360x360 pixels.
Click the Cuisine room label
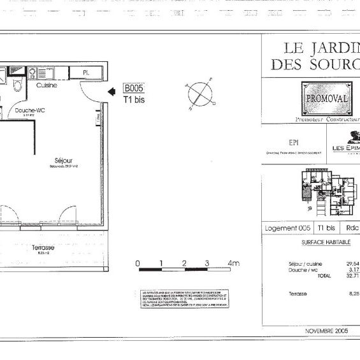(47, 85)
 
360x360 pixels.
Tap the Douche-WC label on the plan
(29, 110)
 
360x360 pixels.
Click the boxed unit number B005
(134, 89)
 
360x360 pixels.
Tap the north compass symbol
(199, 93)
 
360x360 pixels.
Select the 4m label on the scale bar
(233, 263)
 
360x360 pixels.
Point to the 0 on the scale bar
(138, 263)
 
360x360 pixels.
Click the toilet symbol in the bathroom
(17, 86)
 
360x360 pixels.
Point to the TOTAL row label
(324, 277)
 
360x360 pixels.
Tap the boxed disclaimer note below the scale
(184, 299)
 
